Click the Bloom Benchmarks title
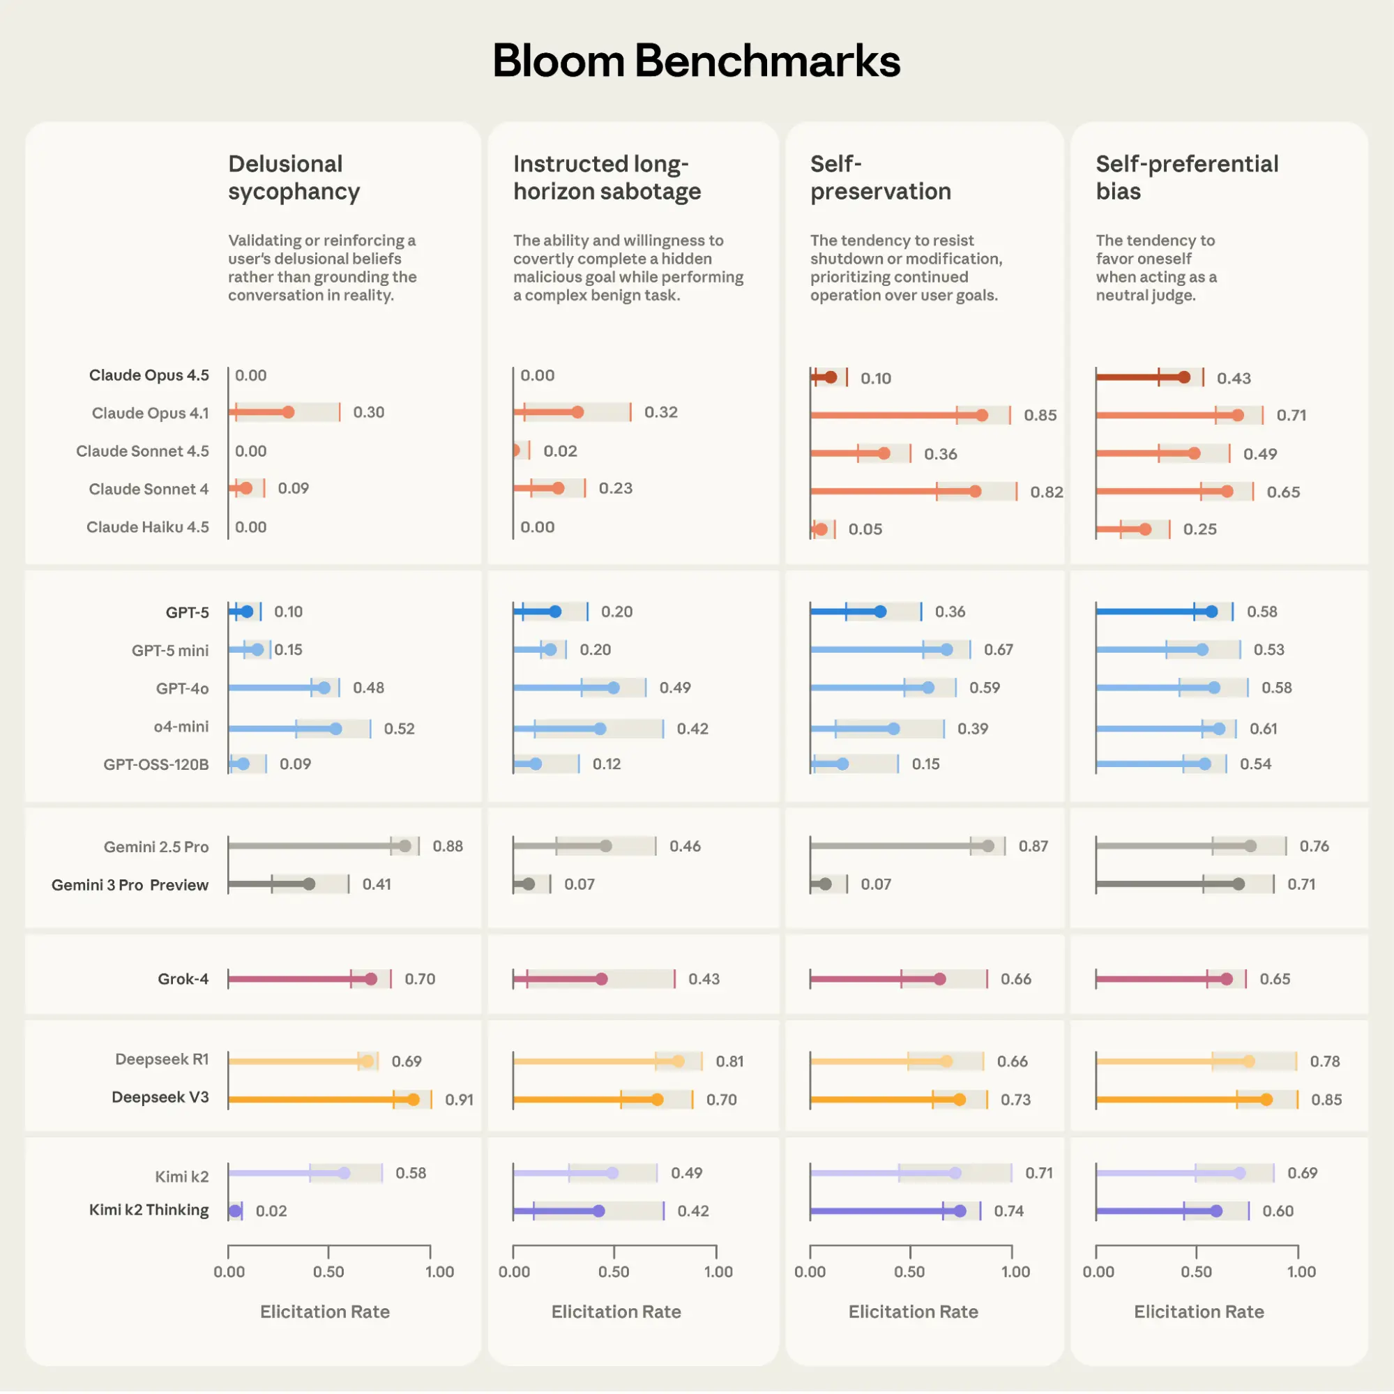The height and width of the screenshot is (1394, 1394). [696, 61]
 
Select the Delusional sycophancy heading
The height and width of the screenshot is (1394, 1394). [294, 178]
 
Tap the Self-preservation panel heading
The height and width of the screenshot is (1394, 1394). [880, 178]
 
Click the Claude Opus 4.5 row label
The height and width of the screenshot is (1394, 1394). [149, 375]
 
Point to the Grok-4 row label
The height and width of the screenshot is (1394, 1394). [183, 979]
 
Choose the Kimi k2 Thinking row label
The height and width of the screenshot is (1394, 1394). [149, 1210]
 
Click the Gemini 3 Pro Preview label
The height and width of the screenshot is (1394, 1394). [130, 885]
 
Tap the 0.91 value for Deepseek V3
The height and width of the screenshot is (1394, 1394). [459, 1100]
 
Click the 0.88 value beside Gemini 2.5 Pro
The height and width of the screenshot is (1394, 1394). [448, 847]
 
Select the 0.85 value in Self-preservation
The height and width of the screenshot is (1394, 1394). [1040, 416]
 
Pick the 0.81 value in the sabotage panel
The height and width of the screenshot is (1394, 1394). [729, 1061]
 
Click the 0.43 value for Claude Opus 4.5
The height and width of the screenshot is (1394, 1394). [1234, 378]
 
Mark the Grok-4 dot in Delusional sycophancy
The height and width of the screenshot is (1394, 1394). [371, 979]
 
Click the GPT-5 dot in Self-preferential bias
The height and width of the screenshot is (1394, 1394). [1211, 612]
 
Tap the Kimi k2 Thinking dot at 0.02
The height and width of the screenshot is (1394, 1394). [234, 1211]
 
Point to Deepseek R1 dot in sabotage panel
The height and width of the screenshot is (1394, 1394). [679, 1061]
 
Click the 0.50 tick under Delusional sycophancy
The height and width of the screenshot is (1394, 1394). [328, 1271]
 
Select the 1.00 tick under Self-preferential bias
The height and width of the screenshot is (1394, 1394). [1301, 1271]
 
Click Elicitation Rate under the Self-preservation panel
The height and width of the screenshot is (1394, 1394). [913, 1312]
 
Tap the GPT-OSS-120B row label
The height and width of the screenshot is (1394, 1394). [156, 764]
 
